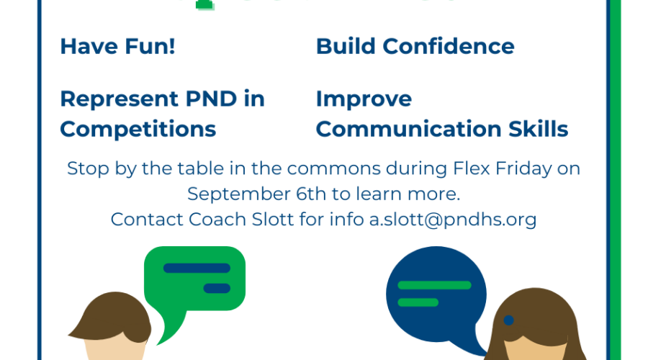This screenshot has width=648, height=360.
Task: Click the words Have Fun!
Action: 118,46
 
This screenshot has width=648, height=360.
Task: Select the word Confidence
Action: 449,46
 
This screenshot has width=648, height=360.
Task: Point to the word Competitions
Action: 138,129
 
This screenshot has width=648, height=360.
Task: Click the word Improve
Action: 364,99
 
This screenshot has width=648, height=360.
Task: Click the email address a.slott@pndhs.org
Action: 453,220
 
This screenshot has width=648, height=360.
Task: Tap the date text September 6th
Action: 256,194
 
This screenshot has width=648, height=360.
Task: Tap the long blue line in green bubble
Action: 197,269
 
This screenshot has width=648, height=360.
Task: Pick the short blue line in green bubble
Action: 217,288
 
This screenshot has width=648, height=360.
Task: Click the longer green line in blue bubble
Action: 434,285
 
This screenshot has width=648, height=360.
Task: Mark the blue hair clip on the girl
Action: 509,320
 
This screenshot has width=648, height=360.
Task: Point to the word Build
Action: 346,46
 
